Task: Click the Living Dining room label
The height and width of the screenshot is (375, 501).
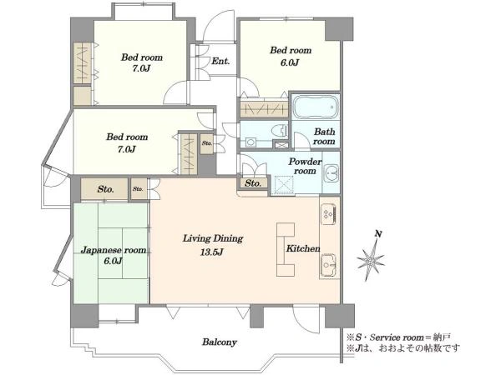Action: click(213, 238)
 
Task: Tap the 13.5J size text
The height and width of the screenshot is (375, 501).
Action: click(211, 252)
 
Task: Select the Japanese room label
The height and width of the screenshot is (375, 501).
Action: click(114, 250)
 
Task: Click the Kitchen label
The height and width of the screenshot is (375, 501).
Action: click(303, 248)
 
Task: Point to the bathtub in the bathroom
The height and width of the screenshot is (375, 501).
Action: click(316, 107)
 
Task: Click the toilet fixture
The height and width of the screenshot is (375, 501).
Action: click(281, 131)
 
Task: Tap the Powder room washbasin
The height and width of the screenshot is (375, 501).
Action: click(331, 174)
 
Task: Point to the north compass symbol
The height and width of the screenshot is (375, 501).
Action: click(371, 256)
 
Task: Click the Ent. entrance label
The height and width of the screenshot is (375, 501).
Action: click(220, 61)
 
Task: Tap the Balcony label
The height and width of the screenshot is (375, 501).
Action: click(219, 342)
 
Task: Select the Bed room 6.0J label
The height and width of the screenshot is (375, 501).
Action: click(290, 56)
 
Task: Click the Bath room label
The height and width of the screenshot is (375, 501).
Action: click(324, 136)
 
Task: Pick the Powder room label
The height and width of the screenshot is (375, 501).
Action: click(305, 166)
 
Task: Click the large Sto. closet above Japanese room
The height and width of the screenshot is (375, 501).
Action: click(104, 189)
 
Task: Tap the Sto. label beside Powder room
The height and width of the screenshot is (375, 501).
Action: click(253, 183)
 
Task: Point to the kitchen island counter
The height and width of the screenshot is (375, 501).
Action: click(286, 249)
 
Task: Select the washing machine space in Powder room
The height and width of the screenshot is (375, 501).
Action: click(283, 184)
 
